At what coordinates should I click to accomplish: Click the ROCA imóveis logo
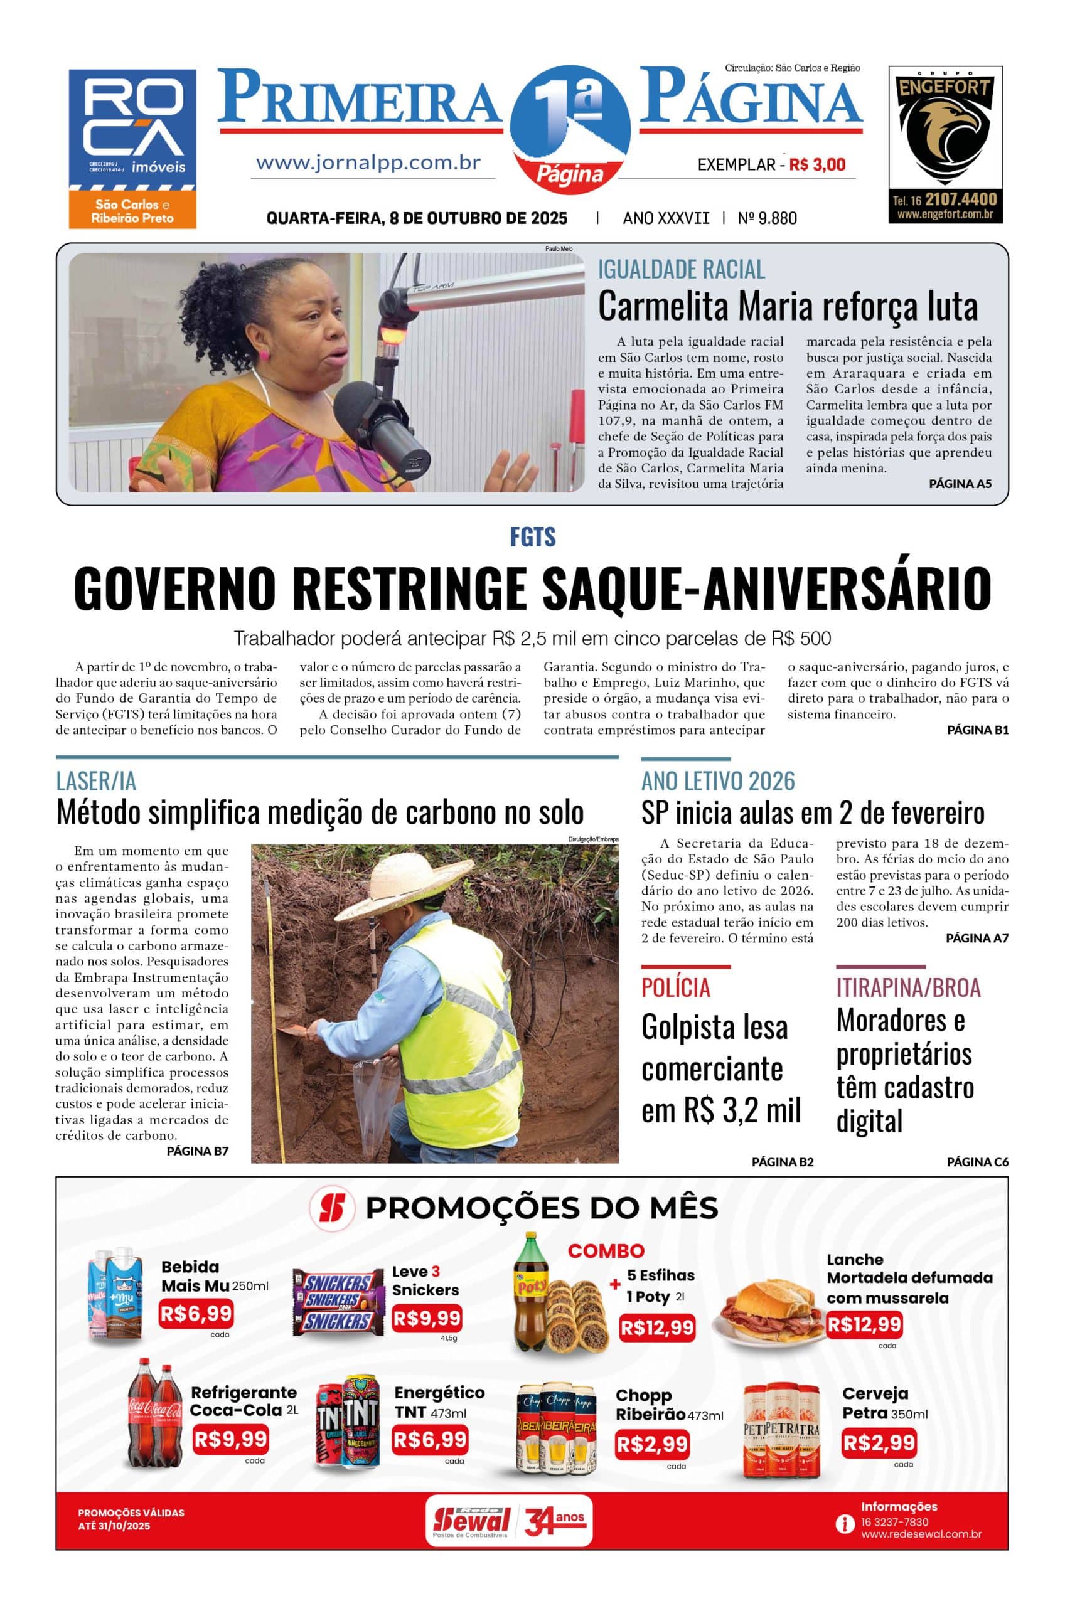132,148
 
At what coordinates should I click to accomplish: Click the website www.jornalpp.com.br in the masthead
368,163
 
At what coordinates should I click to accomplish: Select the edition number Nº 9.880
767,218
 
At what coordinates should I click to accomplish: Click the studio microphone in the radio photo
381,422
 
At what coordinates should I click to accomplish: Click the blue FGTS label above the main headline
532,537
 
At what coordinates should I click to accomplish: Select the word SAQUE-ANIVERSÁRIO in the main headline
767,588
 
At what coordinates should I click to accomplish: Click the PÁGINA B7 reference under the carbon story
197,1151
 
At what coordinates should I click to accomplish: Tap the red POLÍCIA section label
675,987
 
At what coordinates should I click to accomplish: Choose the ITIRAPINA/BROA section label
907,987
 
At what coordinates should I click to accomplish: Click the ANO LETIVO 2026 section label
717,780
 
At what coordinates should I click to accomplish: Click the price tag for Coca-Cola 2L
231,1438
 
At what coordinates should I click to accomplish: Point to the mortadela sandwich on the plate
768,1307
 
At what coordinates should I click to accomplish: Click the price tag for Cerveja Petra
878,1442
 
